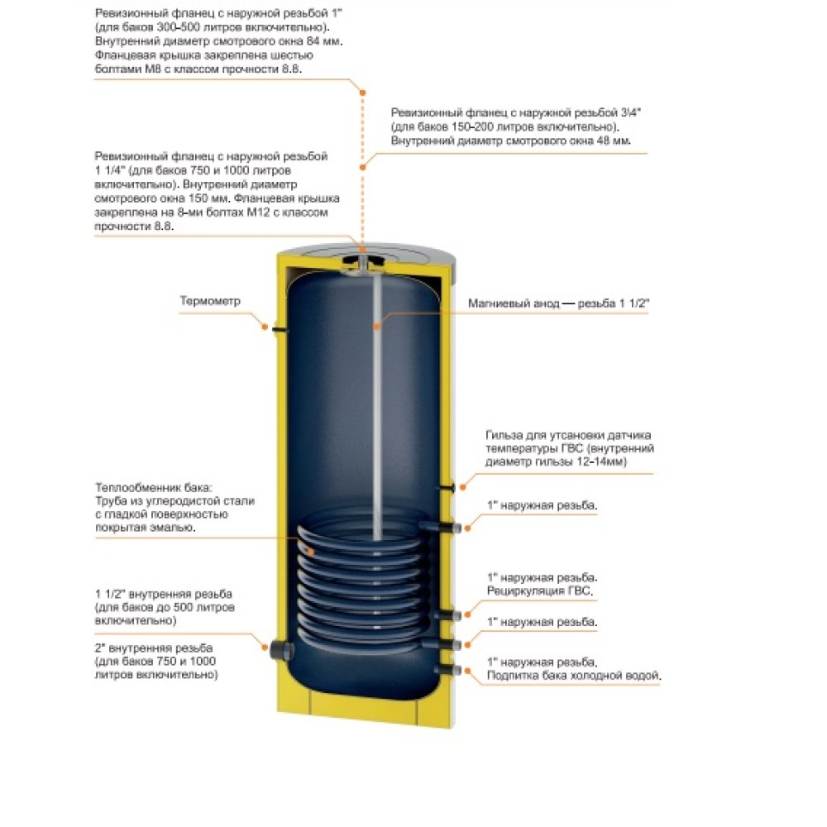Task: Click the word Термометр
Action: coord(210,301)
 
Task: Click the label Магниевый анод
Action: coord(507,304)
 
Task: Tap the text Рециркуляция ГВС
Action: coord(541,592)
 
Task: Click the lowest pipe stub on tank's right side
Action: coord(452,669)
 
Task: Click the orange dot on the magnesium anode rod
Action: coord(375,326)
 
